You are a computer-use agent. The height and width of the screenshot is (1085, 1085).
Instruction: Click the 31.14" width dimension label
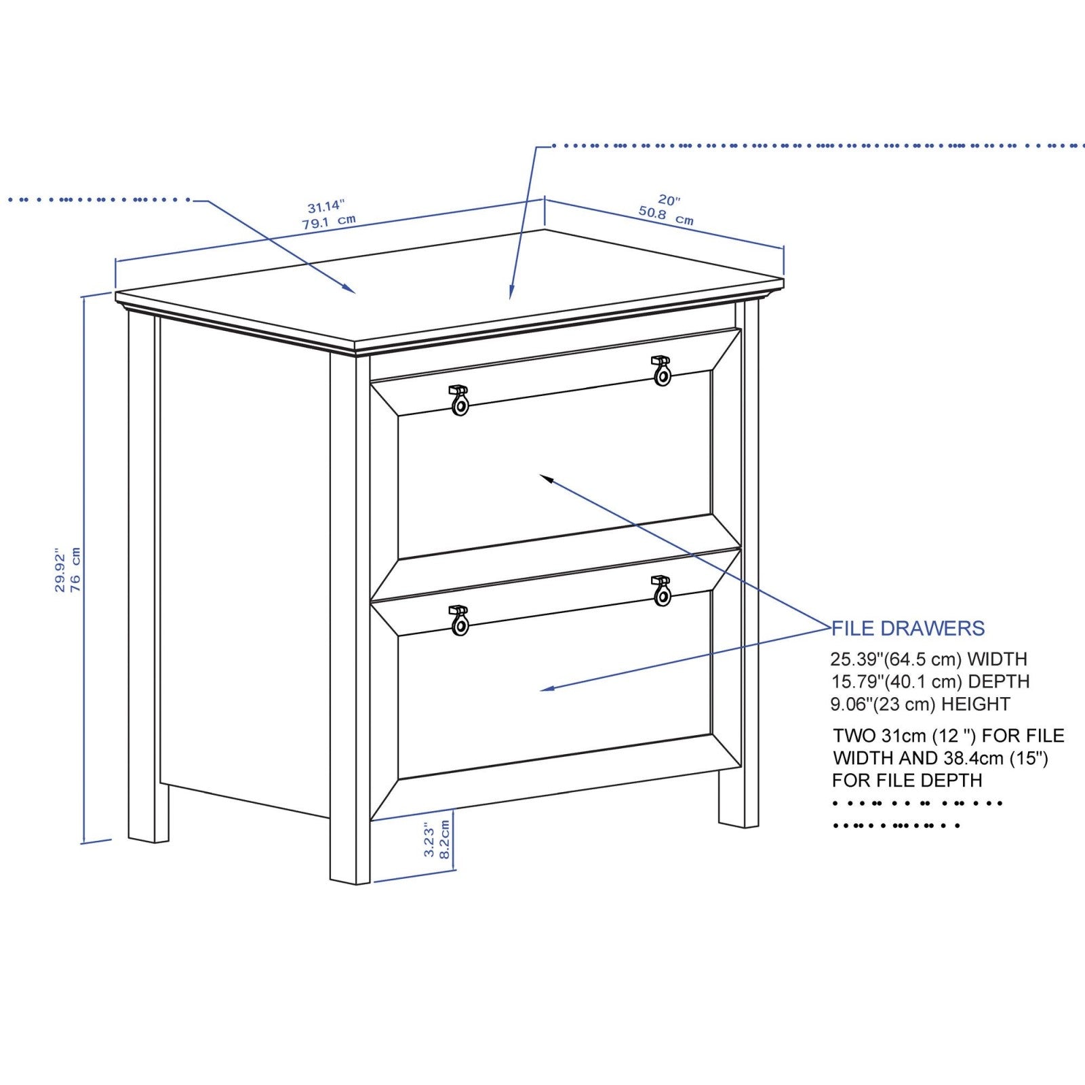point(326,206)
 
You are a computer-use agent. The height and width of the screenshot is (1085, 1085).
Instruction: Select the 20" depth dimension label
point(669,200)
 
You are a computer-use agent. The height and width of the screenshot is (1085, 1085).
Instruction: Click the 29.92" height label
point(60,570)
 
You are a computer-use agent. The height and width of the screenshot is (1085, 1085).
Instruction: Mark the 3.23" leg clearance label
point(429,842)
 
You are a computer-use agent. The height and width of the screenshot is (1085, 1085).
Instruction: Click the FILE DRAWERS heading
point(908,629)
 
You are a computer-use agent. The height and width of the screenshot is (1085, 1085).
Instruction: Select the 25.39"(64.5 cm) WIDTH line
point(928,659)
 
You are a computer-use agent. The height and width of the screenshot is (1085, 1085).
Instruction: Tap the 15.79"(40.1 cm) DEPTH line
point(930,682)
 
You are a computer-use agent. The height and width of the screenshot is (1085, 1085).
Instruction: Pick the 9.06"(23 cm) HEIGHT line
point(920,704)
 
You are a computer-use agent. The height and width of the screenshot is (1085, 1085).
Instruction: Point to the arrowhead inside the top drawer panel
point(545,478)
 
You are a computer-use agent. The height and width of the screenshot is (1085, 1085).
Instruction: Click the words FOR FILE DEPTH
point(907,781)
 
